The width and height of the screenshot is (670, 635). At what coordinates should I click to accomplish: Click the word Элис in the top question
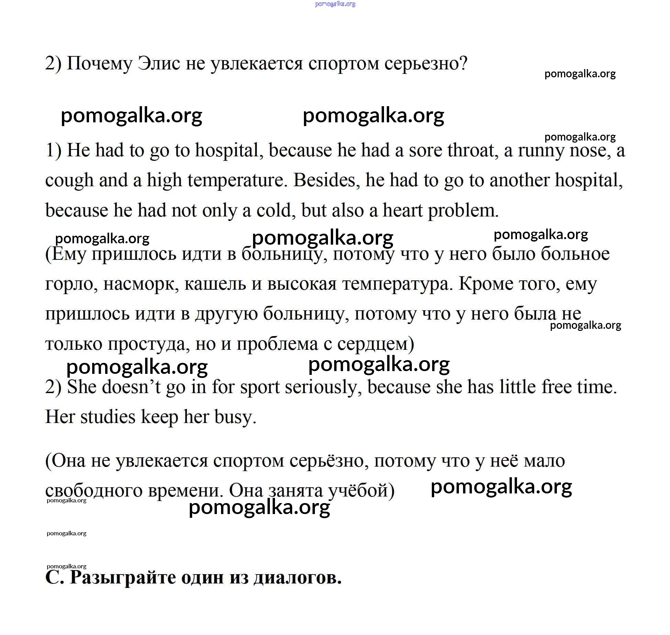pos(158,64)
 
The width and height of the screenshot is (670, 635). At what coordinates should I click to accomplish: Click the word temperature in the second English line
pos(237,180)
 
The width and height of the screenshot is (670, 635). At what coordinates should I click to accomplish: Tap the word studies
pos(108,417)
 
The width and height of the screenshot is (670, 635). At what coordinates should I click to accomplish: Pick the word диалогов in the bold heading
pos(297,578)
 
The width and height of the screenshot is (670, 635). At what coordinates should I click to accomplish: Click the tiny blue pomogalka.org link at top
pos(335,4)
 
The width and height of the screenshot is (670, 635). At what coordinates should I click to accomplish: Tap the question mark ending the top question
pos(463,64)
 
